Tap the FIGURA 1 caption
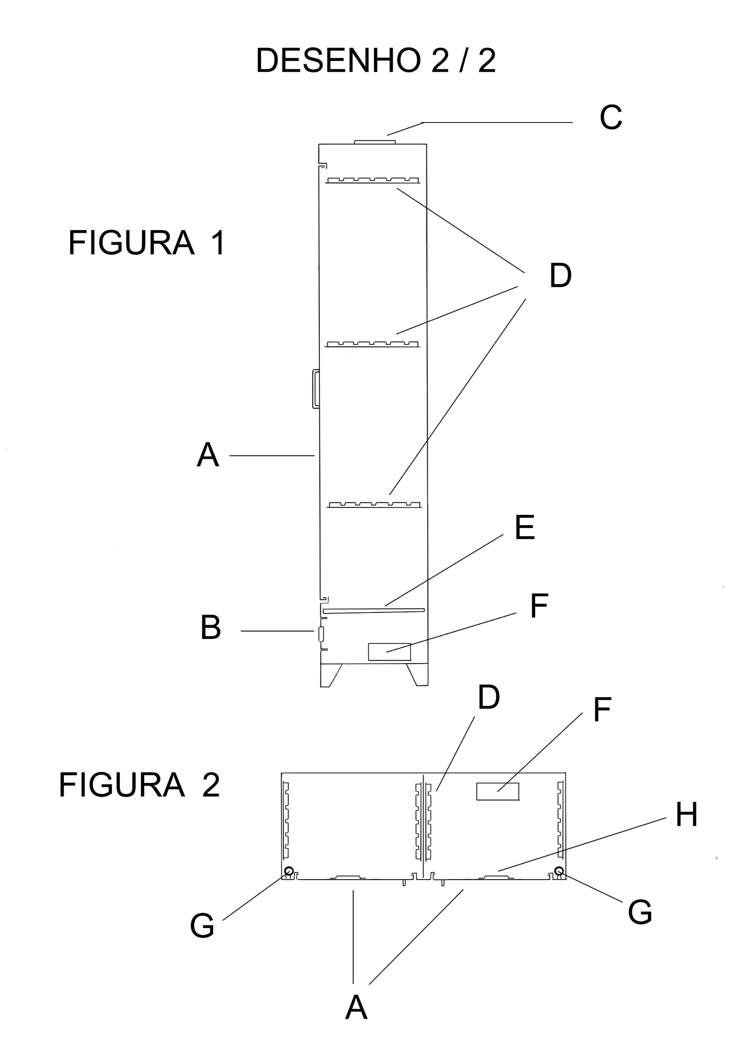pos(146,243)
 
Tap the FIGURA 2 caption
pos(139,785)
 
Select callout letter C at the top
pos(610,118)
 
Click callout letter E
pos(525,529)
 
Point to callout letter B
pos(211,628)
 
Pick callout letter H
pos(687,815)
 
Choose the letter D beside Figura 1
pos(560,276)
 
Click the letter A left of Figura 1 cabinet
pos(208,455)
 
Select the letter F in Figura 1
pos(539,607)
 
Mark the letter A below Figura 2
pos(356,1007)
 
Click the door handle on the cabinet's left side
pos(315,388)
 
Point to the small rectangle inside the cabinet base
pos(389,652)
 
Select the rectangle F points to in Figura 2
pos(498,792)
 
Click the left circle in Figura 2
pos(289,871)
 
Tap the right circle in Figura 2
pos(559,870)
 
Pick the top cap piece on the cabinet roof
pos(374,142)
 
